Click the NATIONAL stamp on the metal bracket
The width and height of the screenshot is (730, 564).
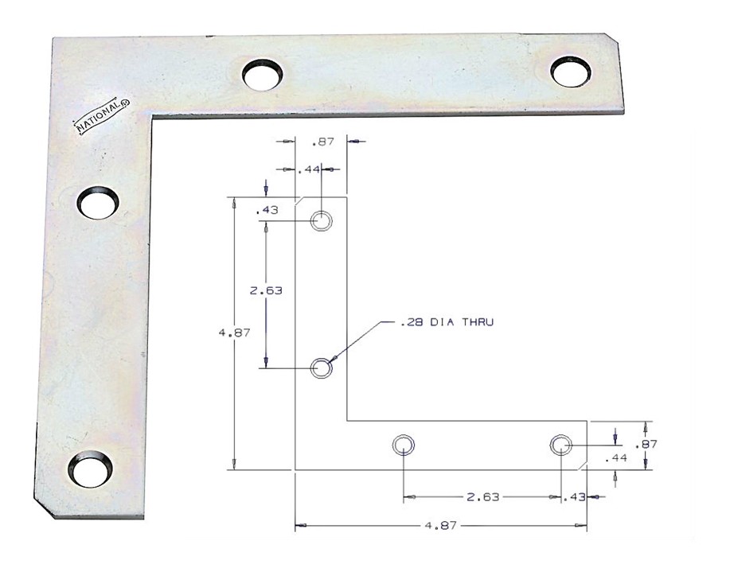point(103,117)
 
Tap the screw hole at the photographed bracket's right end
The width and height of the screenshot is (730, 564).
point(571,72)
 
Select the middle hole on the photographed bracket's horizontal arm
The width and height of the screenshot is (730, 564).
point(263,75)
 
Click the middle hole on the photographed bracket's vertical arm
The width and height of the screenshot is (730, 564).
point(97,203)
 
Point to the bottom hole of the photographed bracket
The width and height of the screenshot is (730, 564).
point(90,469)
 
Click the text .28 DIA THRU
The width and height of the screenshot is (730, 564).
point(447,322)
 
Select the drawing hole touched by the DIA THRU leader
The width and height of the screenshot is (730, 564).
point(322,368)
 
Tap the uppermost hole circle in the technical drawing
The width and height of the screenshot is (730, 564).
point(322,220)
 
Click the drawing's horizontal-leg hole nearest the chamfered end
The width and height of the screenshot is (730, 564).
point(560,445)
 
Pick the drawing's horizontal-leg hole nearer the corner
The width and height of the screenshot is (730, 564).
point(403,445)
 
